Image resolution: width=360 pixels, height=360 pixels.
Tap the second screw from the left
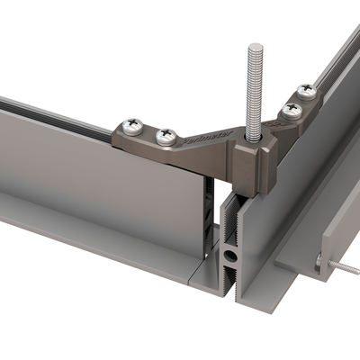[165, 136]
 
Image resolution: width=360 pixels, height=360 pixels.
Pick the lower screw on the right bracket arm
[291, 110]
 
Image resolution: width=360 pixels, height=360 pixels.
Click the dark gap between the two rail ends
[211, 216]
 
